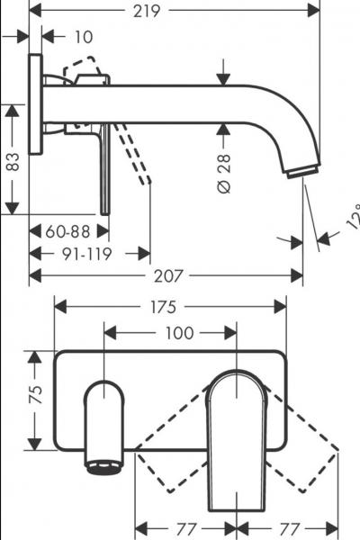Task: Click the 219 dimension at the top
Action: (x=172, y=11)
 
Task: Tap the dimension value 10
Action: (x=84, y=37)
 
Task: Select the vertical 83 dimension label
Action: (x=12, y=162)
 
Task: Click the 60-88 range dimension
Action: (x=70, y=231)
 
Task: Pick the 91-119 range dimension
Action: (x=86, y=254)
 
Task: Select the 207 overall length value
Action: (x=168, y=278)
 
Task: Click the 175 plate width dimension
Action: (x=170, y=307)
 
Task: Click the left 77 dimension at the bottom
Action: (x=187, y=525)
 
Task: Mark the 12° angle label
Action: (x=352, y=219)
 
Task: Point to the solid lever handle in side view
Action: (x=105, y=171)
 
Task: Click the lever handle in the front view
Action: (x=237, y=432)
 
